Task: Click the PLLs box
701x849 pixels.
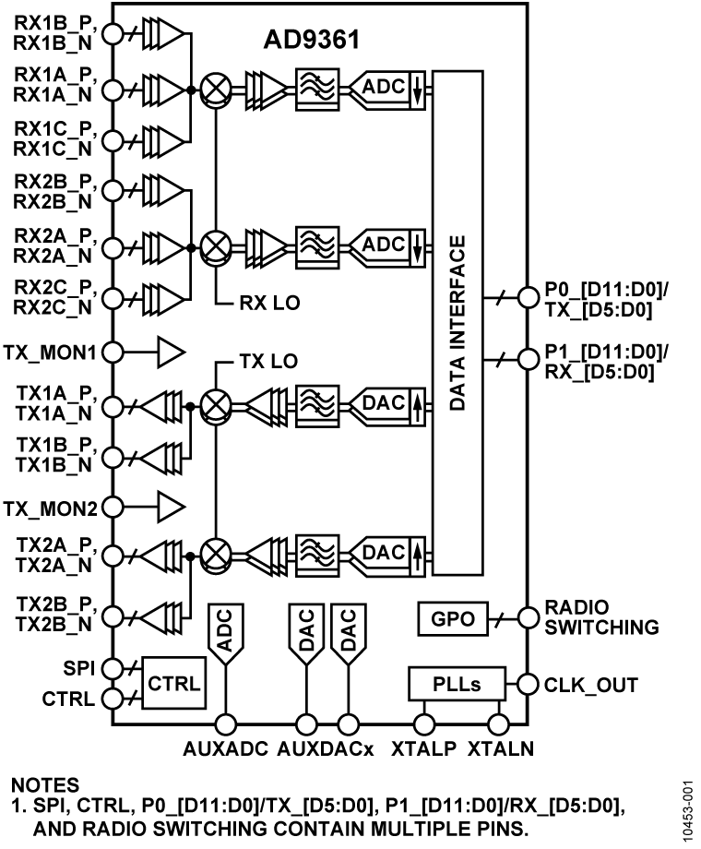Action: coord(457,685)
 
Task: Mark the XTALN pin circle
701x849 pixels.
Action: coord(499,725)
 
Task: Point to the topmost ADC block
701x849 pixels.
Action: coord(384,86)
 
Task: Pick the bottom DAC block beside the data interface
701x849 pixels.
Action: coord(384,553)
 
